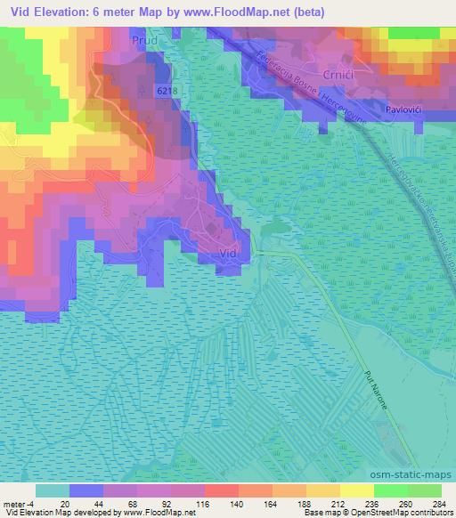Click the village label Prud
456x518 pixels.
coord(144,41)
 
